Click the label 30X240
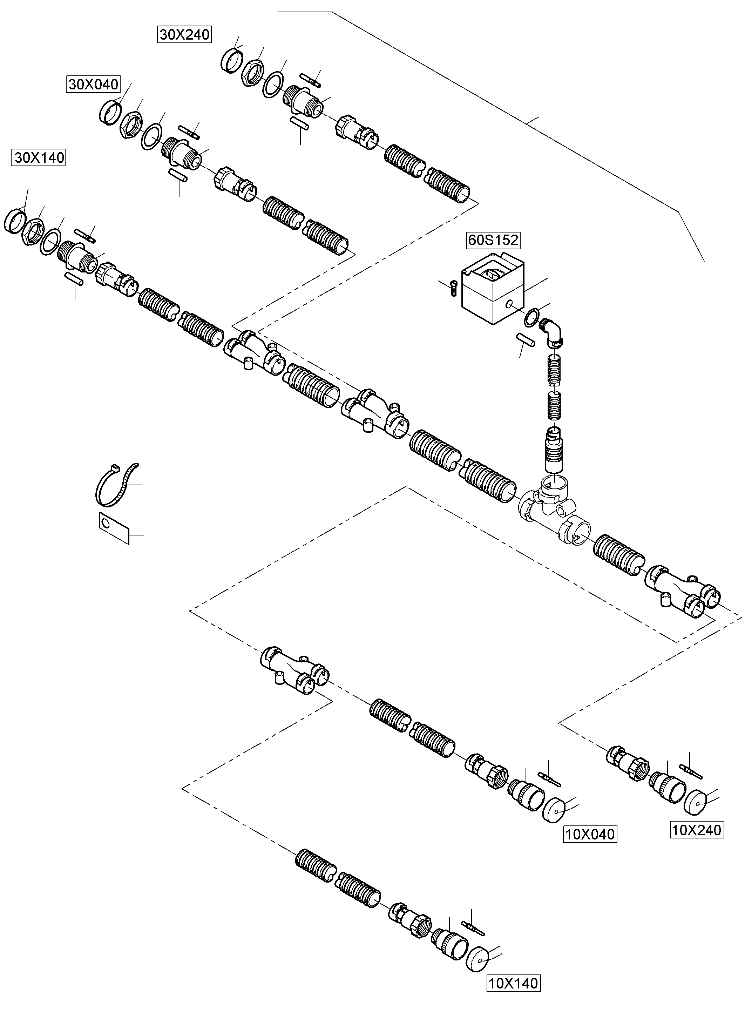click(x=184, y=35)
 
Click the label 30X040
click(x=93, y=85)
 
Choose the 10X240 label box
click(x=697, y=830)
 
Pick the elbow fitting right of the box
click(x=553, y=332)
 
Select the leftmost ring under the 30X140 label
click(x=15, y=222)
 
